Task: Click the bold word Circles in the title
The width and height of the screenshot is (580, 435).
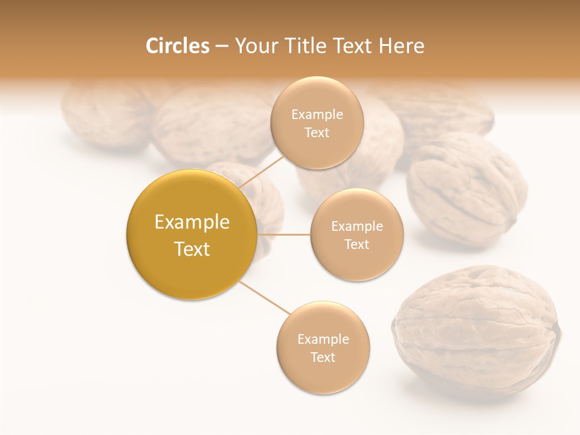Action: [177, 46]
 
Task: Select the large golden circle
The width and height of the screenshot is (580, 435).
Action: [192, 234]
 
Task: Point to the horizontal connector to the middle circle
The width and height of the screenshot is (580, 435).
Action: [283, 234]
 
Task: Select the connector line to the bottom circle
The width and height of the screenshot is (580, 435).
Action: [265, 298]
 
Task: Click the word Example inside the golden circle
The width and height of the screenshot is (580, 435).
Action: [192, 222]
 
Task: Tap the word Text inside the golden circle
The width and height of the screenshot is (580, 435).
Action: [192, 249]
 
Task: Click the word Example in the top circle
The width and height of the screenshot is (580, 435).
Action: [317, 114]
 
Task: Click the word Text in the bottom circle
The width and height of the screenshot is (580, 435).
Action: [323, 357]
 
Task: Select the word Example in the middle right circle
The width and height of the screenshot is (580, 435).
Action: [356, 226]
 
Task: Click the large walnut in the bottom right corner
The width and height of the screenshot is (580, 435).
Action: [475, 332]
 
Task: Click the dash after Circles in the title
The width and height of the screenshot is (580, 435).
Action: [221, 47]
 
